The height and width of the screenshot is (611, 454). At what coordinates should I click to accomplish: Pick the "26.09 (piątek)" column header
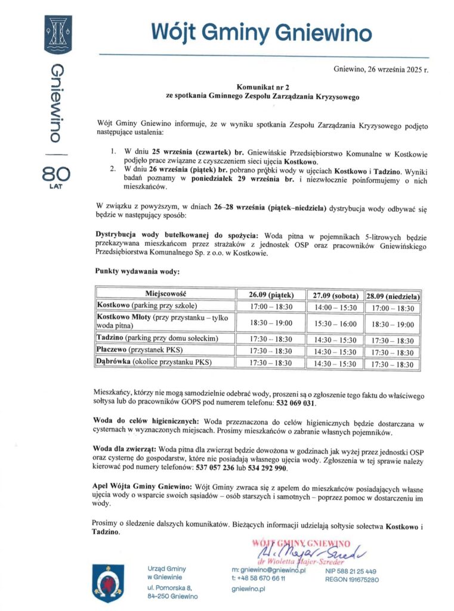(271, 295)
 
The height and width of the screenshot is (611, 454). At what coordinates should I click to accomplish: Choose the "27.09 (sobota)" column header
(335, 295)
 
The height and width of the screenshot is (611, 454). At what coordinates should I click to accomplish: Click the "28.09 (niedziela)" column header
(393, 295)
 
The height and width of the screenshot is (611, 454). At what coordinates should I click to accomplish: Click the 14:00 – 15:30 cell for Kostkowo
(335, 307)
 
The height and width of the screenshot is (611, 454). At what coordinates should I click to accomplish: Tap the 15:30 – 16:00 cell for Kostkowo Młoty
(335, 323)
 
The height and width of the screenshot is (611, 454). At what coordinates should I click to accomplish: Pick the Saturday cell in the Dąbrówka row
(335, 363)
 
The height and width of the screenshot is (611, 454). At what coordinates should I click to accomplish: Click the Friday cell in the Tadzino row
(271, 339)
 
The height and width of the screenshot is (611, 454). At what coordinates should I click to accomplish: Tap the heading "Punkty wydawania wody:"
(137, 271)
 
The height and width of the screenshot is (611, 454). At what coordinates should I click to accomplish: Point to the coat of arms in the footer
(109, 581)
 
